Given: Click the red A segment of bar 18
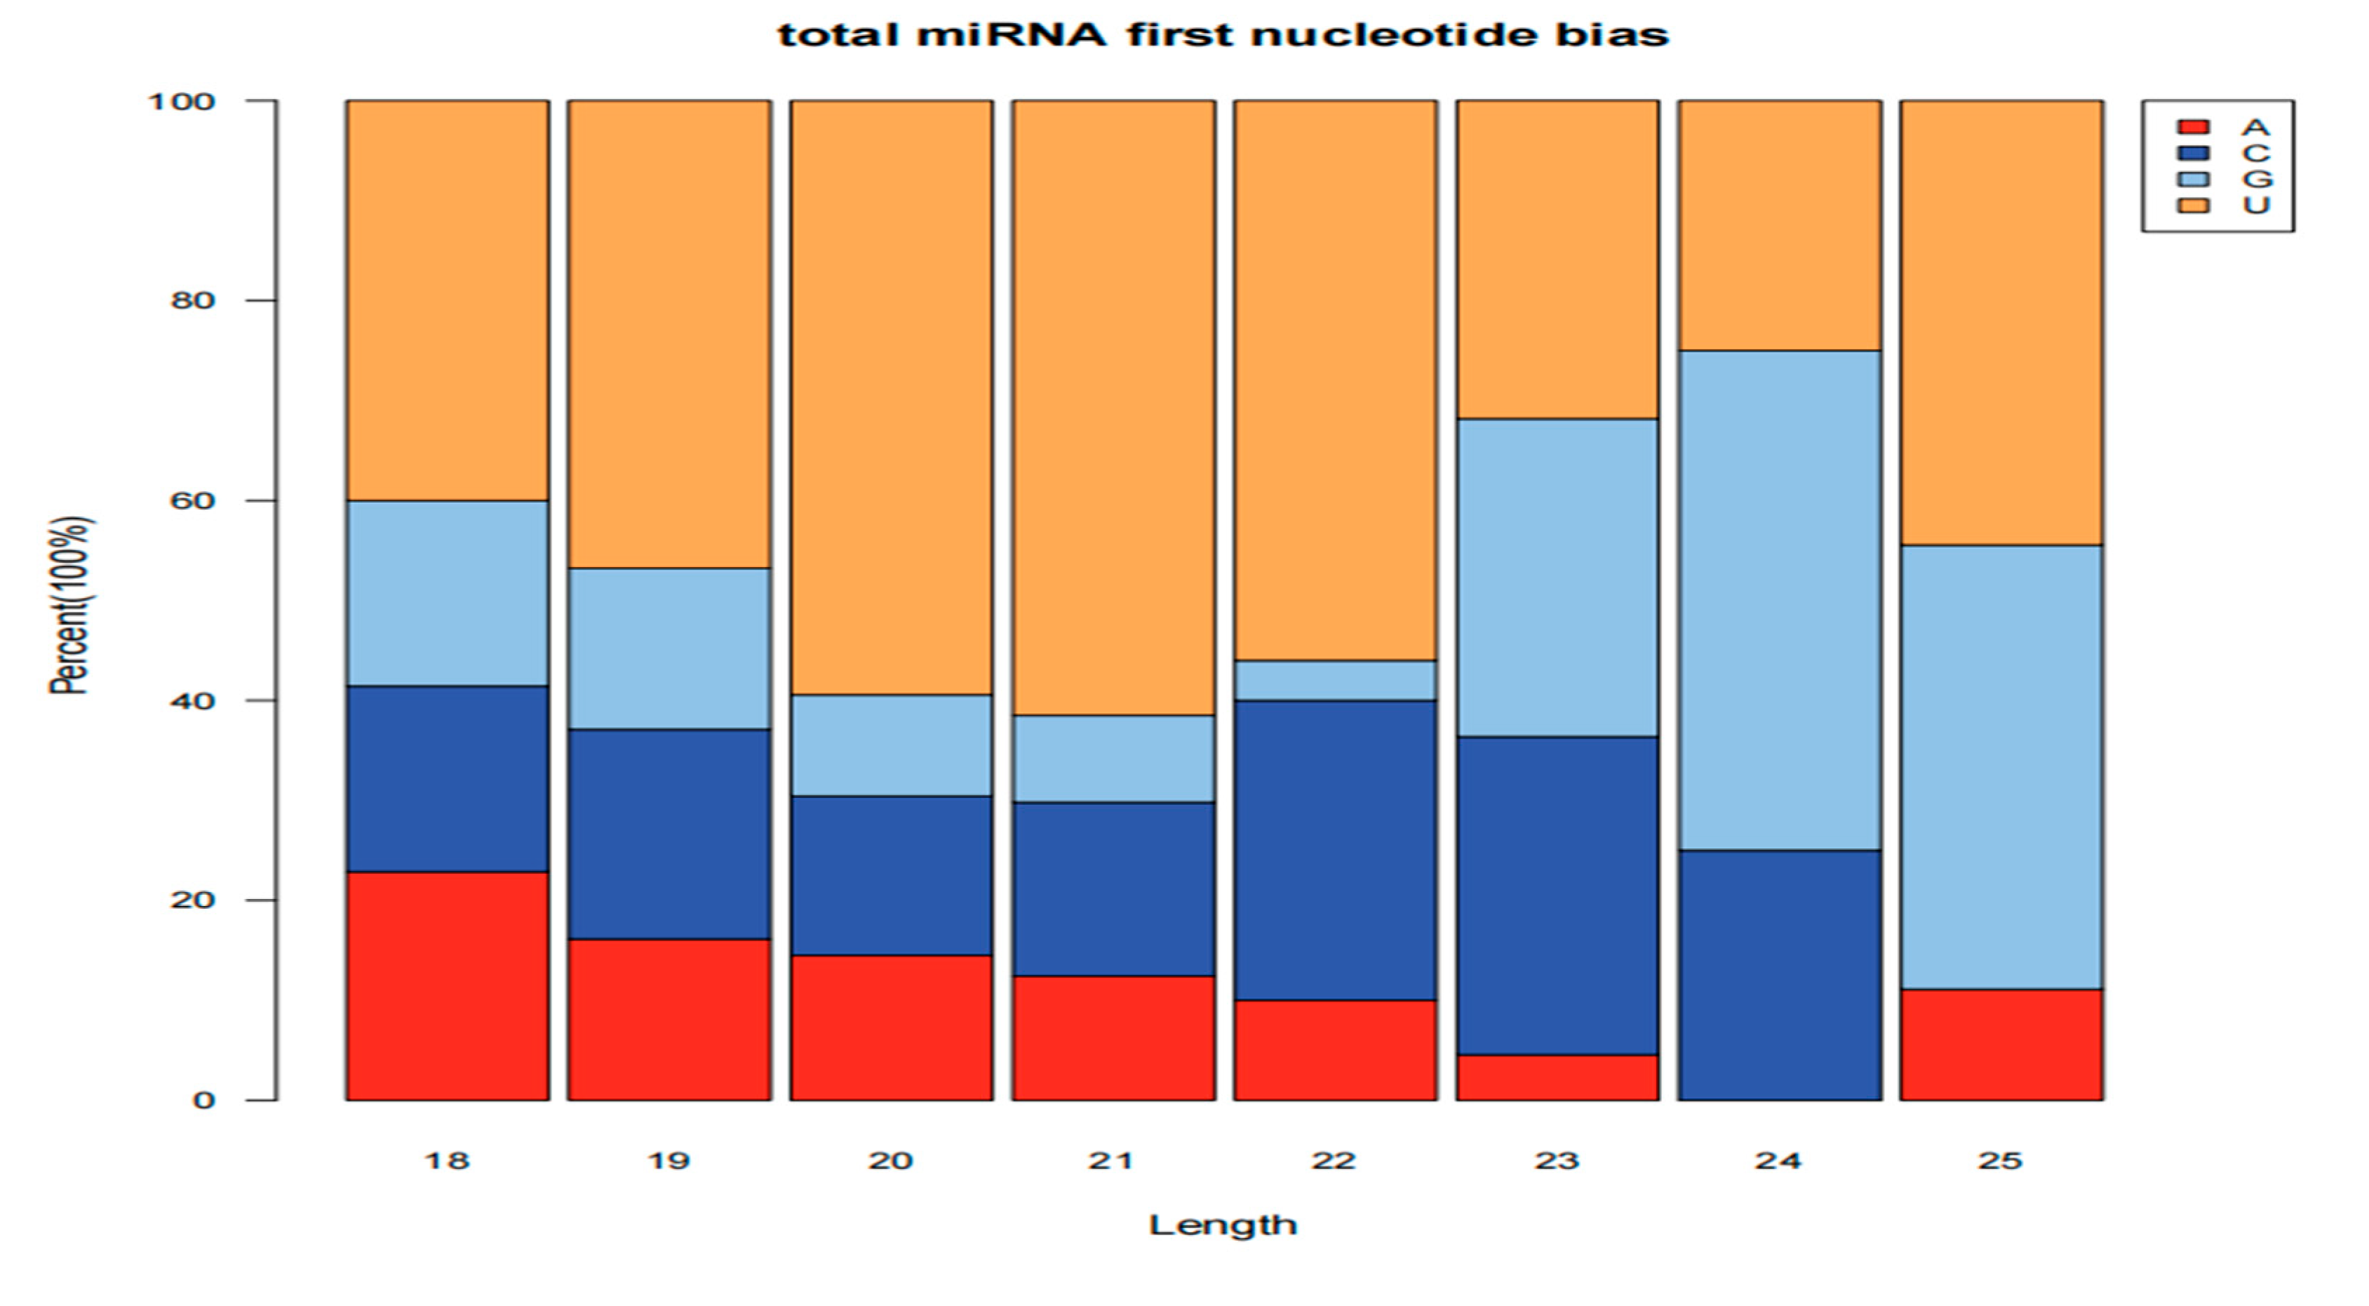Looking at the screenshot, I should tap(447, 985).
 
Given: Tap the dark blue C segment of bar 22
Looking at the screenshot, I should tap(1335, 850).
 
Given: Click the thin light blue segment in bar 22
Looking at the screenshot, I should tap(1335, 680).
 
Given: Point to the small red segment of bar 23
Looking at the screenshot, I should tap(1557, 1077).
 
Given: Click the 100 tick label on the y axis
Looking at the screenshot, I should tap(181, 101).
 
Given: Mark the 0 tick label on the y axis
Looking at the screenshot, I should tap(203, 1100).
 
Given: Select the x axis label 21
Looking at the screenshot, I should tap(1112, 1161).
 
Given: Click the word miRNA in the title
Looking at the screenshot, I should tap(1011, 35).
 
